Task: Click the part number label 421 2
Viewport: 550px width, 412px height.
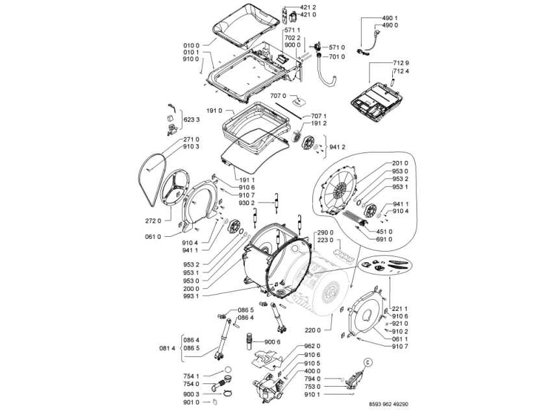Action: (308, 7)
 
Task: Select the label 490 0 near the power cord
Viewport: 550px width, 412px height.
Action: (390, 25)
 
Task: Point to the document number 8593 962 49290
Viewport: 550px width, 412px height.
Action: (389, 404)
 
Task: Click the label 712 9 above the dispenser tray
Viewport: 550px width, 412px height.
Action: (401, 63)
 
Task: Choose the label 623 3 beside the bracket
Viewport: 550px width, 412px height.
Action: (192, 120)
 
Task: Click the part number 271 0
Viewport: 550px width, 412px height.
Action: (192, 139)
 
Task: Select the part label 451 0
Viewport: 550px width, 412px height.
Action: (384, 232)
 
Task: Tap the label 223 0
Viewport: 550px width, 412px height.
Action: (325, 240)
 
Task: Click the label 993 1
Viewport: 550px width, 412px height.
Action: (191, 296)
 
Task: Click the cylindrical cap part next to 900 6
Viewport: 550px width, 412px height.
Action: (249, 341)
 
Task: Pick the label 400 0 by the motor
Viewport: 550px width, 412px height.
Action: (312, 371)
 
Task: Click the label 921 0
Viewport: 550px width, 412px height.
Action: (400, 324)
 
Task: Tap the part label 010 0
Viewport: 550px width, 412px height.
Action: (191, 45)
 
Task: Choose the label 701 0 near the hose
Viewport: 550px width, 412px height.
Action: (337, 56)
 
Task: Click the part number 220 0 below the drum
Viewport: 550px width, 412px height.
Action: (313, 330)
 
